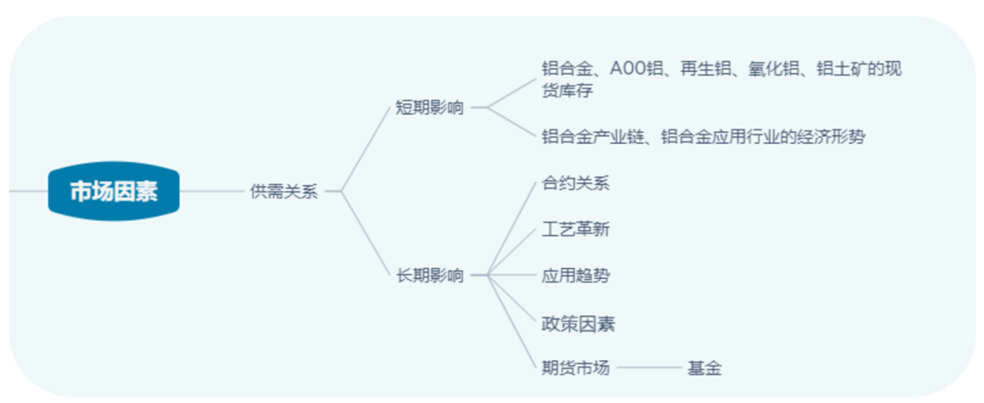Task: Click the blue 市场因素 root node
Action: coord(114,191)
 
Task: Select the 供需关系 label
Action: coord(284,192)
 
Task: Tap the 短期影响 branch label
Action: coord(430,108)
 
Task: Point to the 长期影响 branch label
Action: coord(430,275)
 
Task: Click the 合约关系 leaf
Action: coord(576,183)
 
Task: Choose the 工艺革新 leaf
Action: coord(576,230)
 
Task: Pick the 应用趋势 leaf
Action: coord(576,275)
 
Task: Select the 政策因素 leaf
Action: coord(578,324)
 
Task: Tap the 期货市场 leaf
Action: coord(576,367)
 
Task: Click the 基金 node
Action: coord(704,368)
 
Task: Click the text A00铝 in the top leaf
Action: coord(636,69)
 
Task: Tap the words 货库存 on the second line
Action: coord(567,90)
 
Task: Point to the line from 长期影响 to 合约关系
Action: coord(512,230)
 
